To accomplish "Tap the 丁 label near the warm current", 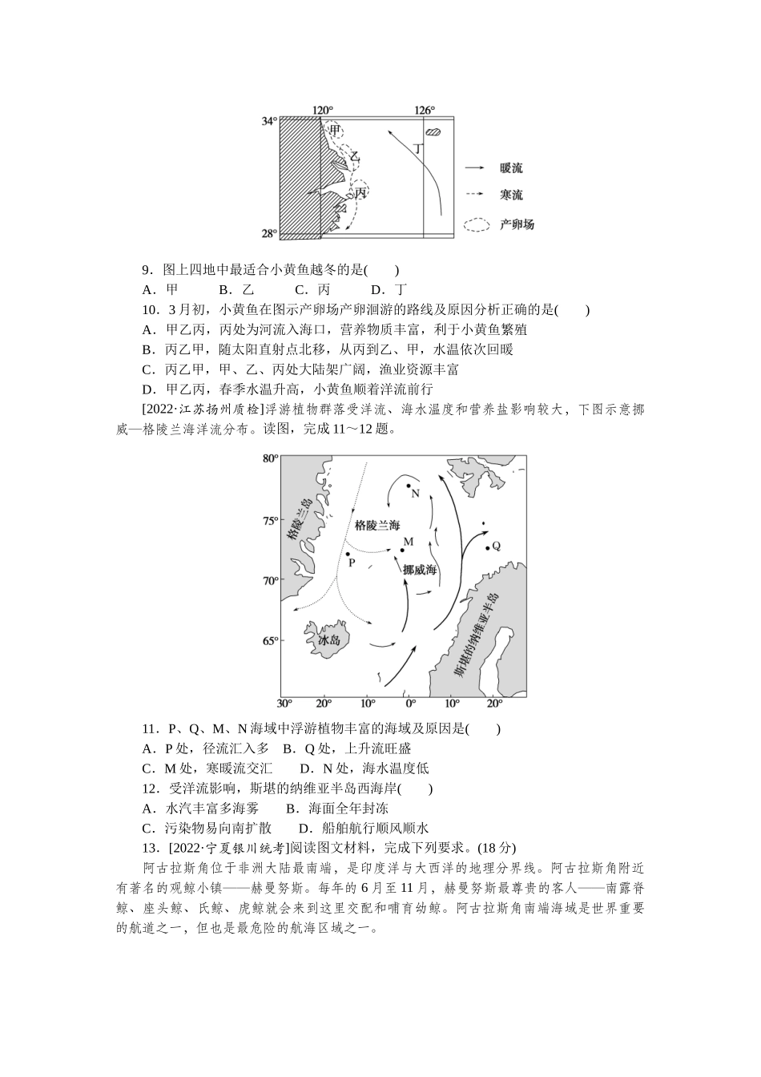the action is (418, 148).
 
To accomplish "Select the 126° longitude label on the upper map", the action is (425, 111).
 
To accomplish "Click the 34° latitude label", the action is (268, 121).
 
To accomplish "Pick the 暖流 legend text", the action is (510, 168).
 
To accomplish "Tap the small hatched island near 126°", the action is (433, 132).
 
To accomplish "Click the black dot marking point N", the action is (409, 486).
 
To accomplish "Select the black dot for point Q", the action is (487, 548).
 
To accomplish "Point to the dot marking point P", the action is (348, 554).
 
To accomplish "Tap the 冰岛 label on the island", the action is (329, 640).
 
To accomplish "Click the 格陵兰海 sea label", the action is (376, 525).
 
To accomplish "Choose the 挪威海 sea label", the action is (420, 570).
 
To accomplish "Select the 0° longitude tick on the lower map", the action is (409, 704).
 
